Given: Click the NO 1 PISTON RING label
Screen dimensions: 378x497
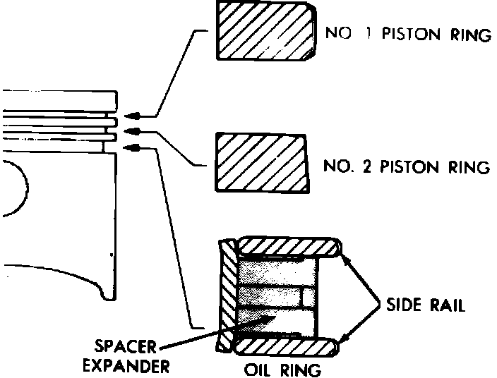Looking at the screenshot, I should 406,35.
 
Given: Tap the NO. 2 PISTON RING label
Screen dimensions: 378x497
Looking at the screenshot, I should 406,167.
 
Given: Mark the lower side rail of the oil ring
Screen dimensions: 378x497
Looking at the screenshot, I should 289,346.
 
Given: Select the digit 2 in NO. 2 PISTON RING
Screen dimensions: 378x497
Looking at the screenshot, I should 371,167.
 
